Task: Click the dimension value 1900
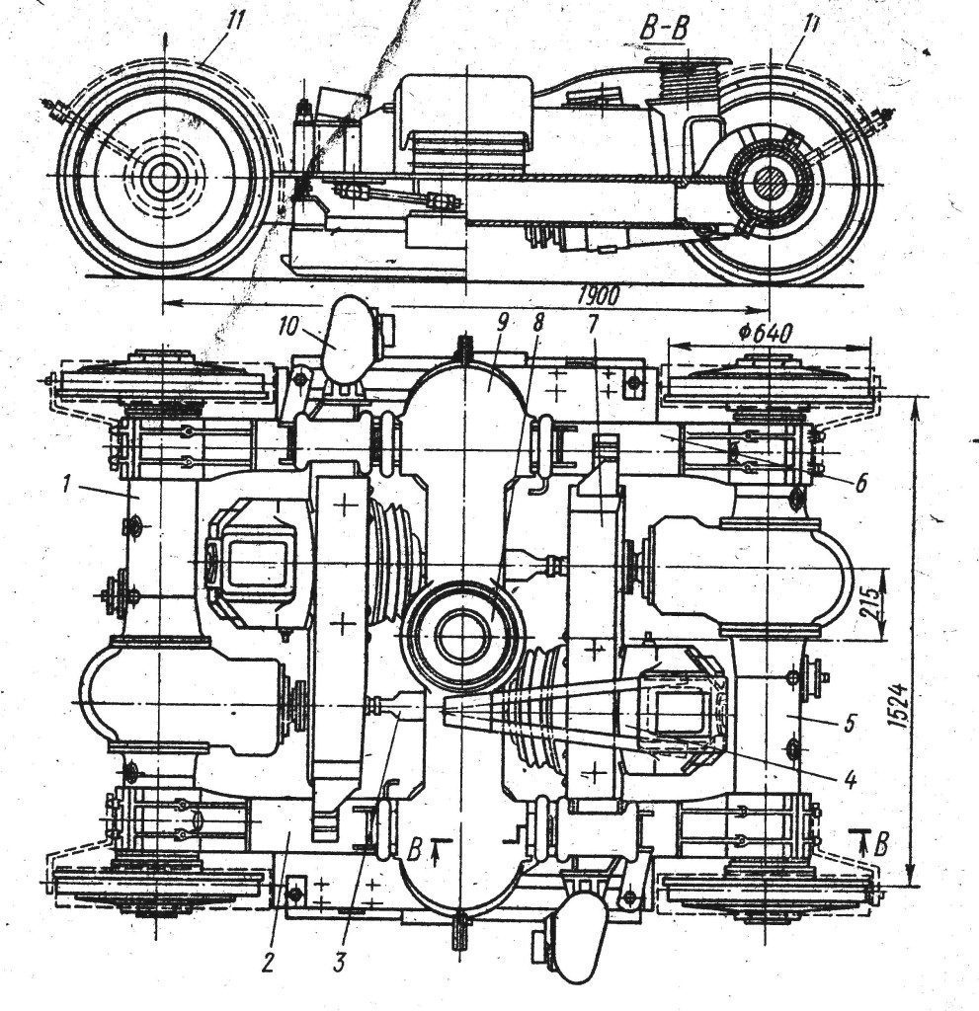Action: [599, 296]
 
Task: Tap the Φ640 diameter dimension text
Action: [766, 334]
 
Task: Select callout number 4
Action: [850, 780]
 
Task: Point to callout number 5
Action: [850, 723]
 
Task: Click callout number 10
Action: [288, 325]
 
